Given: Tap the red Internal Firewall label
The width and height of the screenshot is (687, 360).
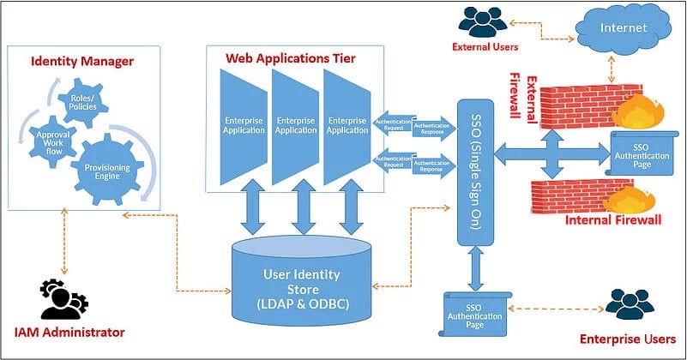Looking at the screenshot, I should [612, 221].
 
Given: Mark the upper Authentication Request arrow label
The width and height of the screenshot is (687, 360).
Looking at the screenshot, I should [393, 122].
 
